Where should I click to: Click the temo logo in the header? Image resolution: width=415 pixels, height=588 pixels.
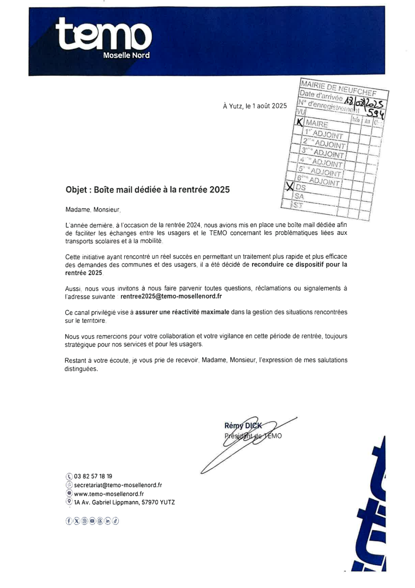pyautogui.click(x=104, y=35)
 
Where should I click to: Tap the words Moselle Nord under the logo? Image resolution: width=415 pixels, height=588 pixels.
pyautogui.click(x=126, y=55)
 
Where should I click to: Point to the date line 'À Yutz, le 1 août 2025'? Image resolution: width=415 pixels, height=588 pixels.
pyautogui.click(x=255, y=106)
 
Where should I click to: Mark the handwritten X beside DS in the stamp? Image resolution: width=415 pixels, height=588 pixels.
pyautogui.click(x=290, y=186)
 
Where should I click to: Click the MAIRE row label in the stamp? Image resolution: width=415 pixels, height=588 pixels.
pyautogui.click(x=317, y=124)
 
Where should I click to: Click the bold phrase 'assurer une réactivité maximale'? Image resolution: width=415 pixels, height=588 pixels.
pyautogui.click(x=182, y=312)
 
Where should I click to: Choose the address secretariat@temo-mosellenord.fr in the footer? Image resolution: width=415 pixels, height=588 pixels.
pyautogui.click(x=118, y=485)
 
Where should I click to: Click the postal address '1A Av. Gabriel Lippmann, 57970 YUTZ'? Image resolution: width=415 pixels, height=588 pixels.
pyautogui.click(x=124, y=502)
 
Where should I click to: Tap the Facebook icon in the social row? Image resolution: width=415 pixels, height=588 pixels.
pyautogui.click(x=68, y=521)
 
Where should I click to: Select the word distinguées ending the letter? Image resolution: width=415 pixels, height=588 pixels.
pyautogui.click(x=82, y=370)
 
